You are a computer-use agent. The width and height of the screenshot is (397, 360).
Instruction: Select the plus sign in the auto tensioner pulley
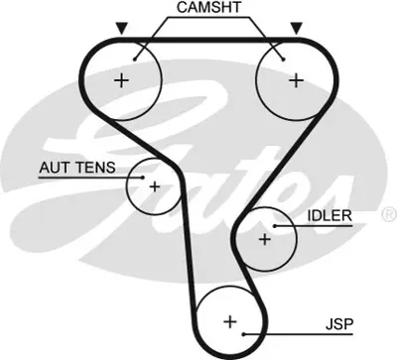[x=155, y=185]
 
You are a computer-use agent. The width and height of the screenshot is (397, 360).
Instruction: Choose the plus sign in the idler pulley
[x=264, y=239]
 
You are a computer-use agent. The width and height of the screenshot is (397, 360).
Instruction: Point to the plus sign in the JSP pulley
[x=230, y=321]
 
